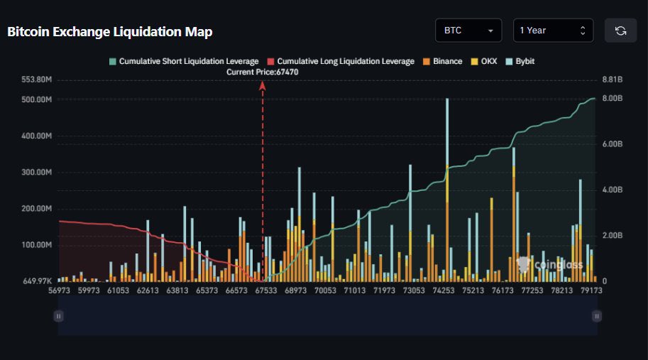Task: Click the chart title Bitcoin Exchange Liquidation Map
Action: (110, 32)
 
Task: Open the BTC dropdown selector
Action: (468, 31)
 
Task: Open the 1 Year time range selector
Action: (553, 31)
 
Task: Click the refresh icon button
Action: (620, 31)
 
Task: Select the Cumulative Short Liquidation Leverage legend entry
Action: (183, 62)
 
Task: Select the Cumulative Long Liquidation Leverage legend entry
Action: (339, 62)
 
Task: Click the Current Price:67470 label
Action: (263, 72)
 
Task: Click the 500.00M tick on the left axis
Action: (38, 100)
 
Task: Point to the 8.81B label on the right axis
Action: (613, 80)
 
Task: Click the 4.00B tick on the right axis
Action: (613, 190)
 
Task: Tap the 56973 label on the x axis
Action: (60, 290)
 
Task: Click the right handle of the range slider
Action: (597, 316)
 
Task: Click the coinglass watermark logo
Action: (550, 265)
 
